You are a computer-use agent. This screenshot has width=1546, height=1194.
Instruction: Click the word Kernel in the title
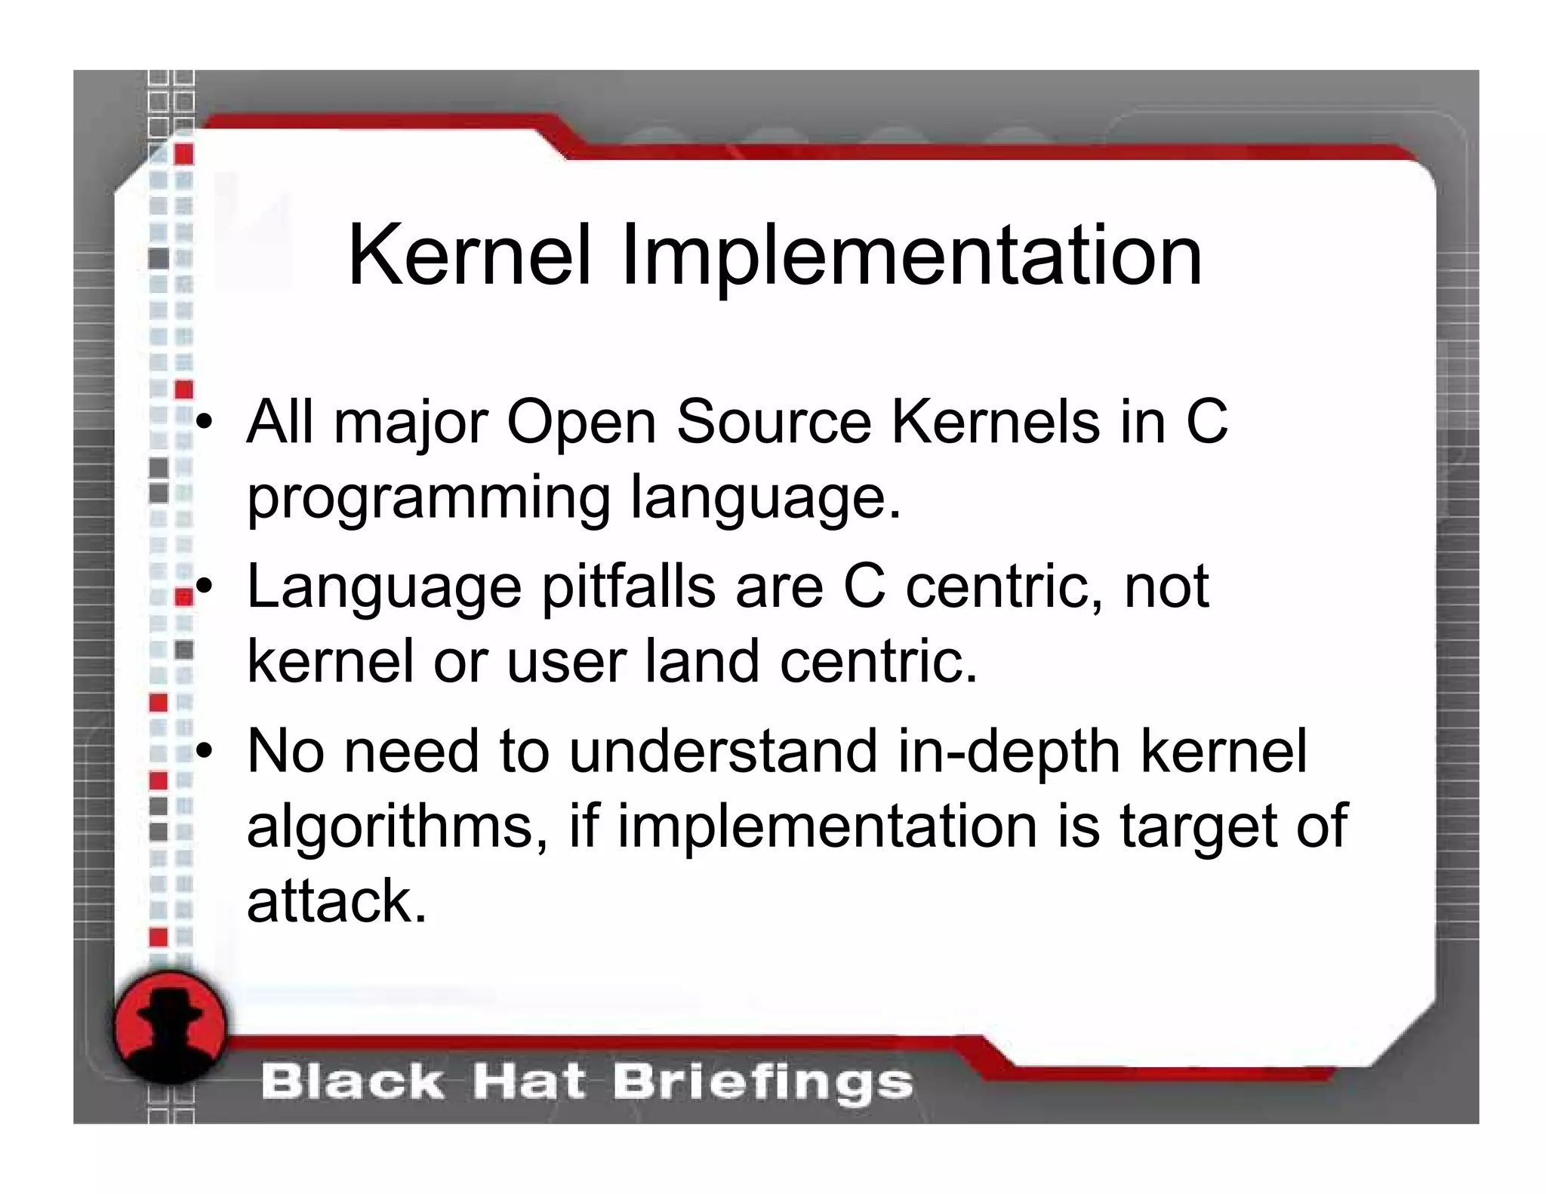[469, 256]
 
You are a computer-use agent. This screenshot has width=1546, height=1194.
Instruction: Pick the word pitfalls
[628, 588]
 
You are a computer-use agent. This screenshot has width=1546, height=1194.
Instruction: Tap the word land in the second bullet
[701, 661]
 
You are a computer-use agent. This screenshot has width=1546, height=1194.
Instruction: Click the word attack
[336, 901]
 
